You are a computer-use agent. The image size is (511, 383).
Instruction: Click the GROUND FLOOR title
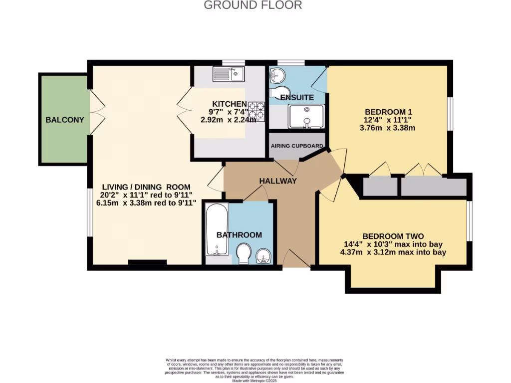(x=253, y=5)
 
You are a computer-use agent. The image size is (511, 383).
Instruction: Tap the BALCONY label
(x=65, y=120)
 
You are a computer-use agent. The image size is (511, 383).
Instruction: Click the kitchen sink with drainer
(x=228, y=74)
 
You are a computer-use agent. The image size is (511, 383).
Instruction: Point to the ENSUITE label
(x=297, y=97)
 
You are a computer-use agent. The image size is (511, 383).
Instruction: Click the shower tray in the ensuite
(x=306, y=116)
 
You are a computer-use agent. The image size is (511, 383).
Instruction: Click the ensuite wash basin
(x=276, y=76)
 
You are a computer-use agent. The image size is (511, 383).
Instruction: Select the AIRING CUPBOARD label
(x=297, y=146)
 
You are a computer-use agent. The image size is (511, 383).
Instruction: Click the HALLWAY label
(x=278, y=181)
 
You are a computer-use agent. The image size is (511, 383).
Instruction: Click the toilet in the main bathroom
(x=243, y=253)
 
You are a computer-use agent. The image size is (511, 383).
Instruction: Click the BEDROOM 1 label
(x=388, y=112)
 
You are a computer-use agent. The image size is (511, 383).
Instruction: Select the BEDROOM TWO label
(x=393, y=236)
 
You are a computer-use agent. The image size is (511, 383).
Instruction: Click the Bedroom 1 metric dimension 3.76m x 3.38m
(x=388, y=128)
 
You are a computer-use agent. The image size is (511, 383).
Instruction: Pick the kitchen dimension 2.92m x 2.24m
(x=228, y=120)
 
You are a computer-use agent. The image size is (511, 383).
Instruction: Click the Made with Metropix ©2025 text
(x=255, y=381)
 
